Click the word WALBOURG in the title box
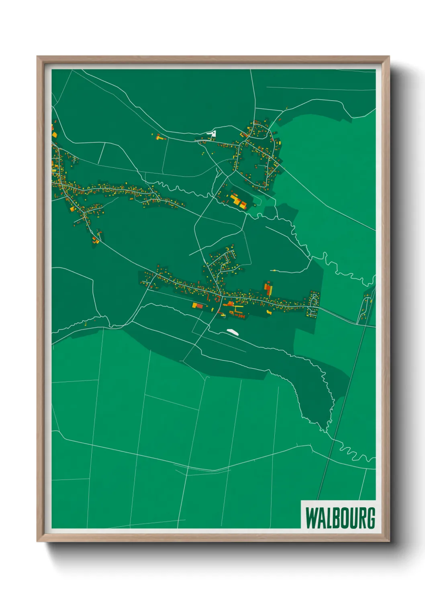coord(340,518)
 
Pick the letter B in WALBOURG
coord(333,518)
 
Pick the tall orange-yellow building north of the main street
coord(268,288)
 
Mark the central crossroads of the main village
coord(220,296)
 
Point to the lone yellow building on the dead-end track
coord(274,271)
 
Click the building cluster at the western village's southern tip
coord(96,240)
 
